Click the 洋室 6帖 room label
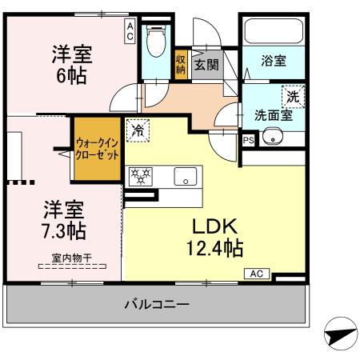(72, 66)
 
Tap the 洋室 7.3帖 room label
(65, 219)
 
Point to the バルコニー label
(157, 305)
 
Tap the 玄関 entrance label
(205, 62)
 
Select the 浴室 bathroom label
(274, 61)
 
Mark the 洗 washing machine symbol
(294, 96)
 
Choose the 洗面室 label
(273, 115)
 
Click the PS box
(248, 138)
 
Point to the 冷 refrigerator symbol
(138, 130)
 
